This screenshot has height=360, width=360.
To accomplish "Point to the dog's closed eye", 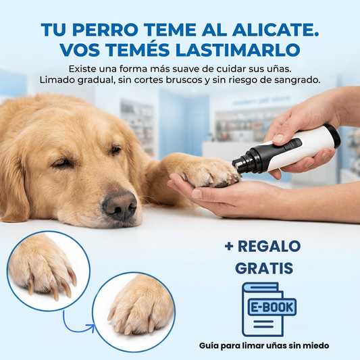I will (62, 163).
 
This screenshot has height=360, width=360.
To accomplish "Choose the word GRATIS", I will (264, 268).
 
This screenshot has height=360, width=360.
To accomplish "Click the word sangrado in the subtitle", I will (298, 80).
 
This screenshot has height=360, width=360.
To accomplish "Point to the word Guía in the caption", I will (211, 346).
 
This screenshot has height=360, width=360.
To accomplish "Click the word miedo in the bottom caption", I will (315, 346).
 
